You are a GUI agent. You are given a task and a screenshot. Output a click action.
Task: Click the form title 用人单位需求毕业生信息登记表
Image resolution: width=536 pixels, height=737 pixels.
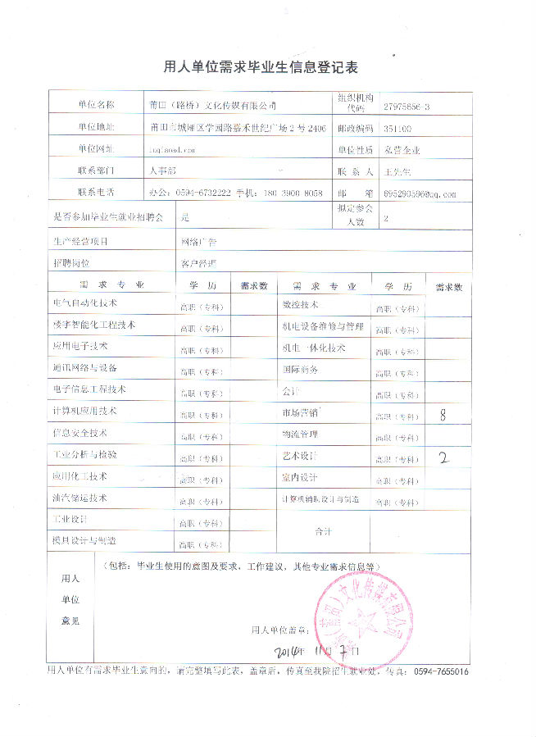pos(267,66)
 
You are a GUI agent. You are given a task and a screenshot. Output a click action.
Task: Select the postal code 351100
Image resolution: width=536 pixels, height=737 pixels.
pos(397,129)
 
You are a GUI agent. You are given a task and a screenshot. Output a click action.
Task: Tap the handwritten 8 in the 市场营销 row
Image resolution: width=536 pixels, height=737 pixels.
pos(443,415)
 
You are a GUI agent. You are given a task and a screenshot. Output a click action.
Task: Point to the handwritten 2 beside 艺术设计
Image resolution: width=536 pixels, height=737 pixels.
pos(444,457)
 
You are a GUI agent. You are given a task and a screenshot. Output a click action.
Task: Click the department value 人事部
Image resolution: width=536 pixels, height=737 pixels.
pos(164,171)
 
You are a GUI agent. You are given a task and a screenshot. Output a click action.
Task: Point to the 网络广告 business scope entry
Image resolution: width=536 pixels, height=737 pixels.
pos(199,242)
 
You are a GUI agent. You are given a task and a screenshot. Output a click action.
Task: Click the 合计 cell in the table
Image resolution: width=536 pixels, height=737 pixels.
pos(323,532)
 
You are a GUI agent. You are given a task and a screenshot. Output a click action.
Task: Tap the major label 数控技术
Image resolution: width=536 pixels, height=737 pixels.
pos(300,304)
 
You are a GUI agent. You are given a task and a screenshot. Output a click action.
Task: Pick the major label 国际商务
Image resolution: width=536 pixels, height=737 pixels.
pos(300,370)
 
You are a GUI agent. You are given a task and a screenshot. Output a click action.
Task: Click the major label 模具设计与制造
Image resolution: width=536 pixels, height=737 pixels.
pos(85,541)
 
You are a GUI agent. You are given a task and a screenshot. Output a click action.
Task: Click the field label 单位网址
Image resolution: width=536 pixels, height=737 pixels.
pos(97,149)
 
